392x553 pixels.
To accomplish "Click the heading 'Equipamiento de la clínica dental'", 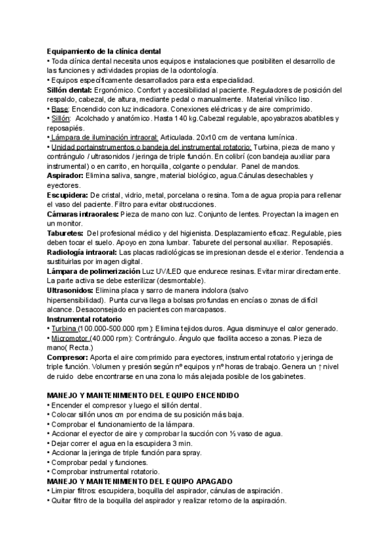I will [x=104, y=52].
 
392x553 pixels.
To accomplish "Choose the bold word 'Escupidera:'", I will [x=67, y=195].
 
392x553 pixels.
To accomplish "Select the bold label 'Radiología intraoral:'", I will [x=82, y=252].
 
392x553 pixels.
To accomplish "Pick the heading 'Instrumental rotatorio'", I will [x=84, y=318].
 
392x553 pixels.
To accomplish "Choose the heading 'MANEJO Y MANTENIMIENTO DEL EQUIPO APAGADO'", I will [x=140, y=481].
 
